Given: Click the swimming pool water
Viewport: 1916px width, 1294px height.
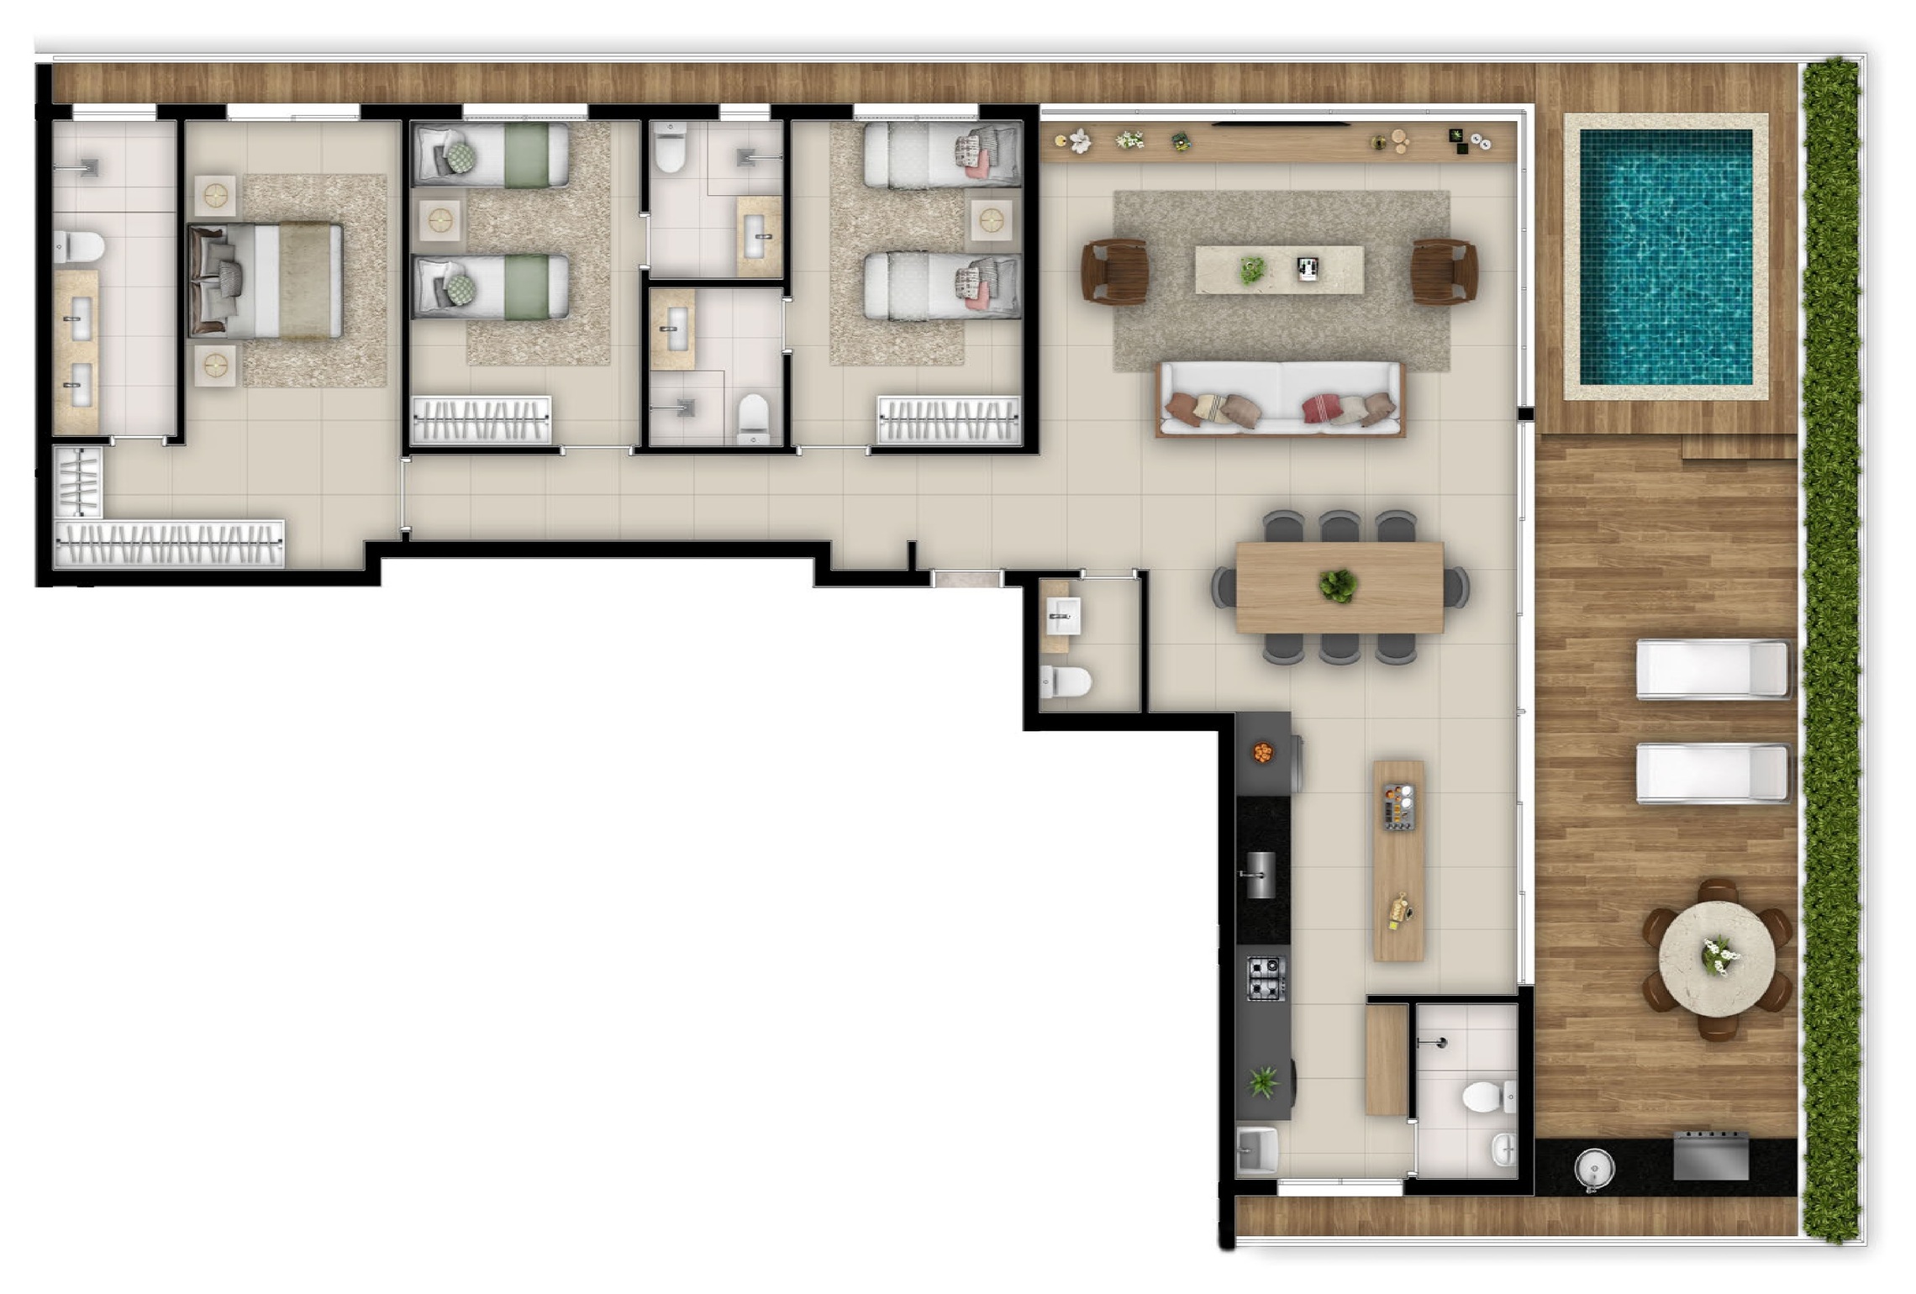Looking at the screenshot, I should point(1666,256).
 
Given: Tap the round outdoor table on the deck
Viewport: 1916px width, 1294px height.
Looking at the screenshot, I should point(1716,959).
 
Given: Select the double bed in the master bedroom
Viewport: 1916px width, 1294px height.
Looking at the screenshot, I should point(267,281).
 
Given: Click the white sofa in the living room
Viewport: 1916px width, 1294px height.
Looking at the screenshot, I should point(1280,400).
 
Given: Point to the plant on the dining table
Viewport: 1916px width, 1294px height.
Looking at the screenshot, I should point(1337,585).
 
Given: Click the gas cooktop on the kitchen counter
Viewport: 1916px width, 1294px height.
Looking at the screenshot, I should point(1265,979).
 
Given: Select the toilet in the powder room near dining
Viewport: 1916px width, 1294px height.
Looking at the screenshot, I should point(1065,681).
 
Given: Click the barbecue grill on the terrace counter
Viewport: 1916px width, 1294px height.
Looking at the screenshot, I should point(1711,1156).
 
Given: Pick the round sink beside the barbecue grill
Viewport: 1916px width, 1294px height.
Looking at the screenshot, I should point(1593,1168).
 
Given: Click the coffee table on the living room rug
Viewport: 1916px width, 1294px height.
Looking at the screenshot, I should point(1279,269).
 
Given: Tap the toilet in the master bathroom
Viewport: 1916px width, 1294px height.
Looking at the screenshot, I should point(80,247).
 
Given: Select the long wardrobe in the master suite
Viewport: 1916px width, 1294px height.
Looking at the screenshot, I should point(168,544).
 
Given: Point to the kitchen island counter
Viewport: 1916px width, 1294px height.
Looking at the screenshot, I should point(1398,861).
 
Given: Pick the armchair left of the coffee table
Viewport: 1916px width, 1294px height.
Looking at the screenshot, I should point(1114,271).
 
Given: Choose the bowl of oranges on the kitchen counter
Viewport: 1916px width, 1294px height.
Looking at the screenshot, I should point(1262,753).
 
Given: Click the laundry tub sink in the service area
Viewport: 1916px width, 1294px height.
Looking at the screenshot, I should point(1257,1149).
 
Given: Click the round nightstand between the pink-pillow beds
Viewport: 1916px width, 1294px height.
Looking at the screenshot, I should point(992,221).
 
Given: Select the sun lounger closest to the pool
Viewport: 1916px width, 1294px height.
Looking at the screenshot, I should point(1711,670).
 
